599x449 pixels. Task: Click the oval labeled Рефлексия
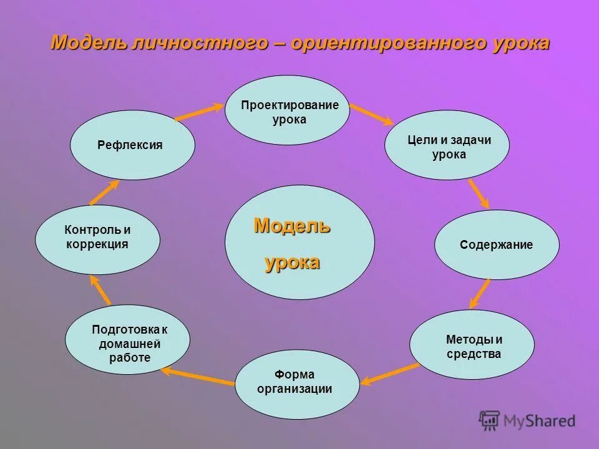coord(132,145)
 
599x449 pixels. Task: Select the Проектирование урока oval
coord(287,110)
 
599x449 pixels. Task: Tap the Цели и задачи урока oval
coord(447,145)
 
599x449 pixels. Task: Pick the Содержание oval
coord(497,244)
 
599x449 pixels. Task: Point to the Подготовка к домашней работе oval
coord(127,340)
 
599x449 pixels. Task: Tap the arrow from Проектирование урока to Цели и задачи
coord(371,115)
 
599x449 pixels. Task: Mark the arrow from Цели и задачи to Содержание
coord(478,193)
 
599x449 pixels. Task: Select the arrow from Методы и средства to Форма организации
coord(391,372)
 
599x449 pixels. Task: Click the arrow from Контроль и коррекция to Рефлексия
coord(104,192)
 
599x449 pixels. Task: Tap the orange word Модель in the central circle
coord(292,226)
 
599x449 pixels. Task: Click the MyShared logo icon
coord(490,421)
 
